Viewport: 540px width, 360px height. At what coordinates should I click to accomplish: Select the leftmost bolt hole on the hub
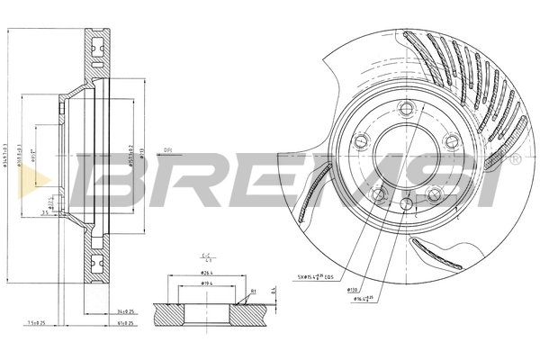[361, 141]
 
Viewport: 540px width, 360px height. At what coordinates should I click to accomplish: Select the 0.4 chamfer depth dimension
[271, 290]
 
